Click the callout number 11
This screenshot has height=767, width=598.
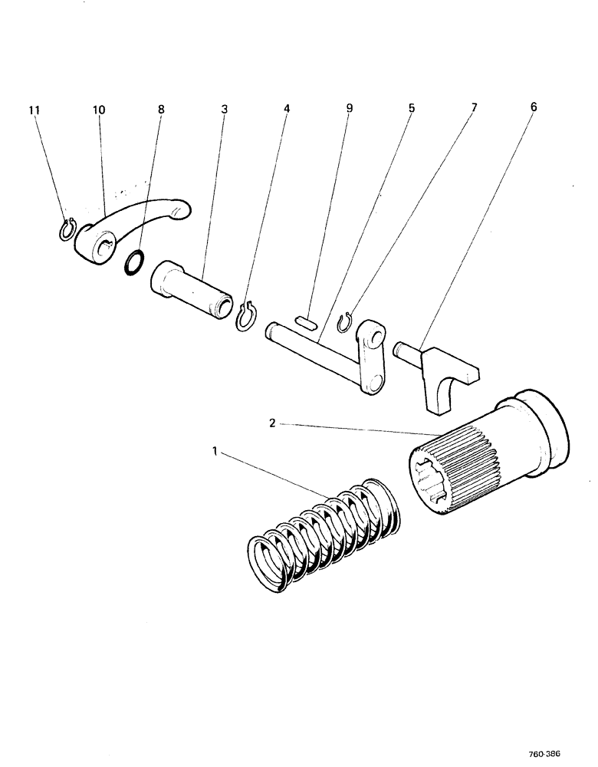pos(34,110)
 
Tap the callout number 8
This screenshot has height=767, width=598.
pos(160,110)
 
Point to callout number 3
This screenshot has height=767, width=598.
pos(224,110)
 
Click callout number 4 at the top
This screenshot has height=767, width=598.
pos(287,110)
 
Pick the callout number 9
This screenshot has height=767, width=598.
pos(349,110)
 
